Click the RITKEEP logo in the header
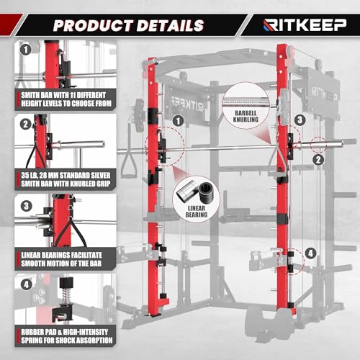305,25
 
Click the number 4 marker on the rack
310,253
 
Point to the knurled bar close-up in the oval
244,96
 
